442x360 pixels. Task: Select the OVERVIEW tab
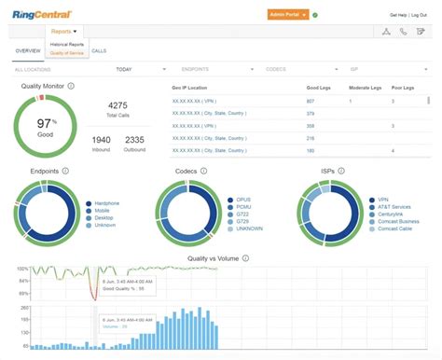(29, 50)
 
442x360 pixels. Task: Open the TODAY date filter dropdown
(124, 69)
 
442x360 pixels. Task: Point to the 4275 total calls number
(117, 106)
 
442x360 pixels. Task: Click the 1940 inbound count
(102, 140)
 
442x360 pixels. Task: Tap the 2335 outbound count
(135, 140)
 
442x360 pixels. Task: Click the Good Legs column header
(318, 87)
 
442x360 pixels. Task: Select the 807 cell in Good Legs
(311, 101)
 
